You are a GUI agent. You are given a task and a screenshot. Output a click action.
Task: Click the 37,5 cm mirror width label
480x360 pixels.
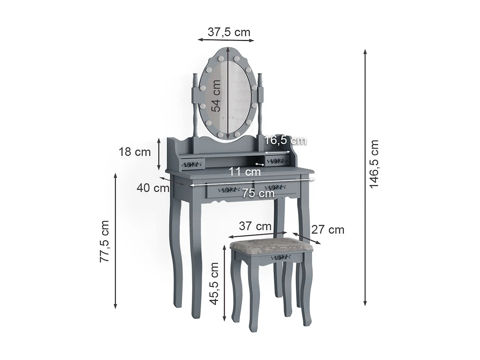coord(229,32)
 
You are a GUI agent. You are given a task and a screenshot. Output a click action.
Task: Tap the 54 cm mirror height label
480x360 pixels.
coord(216,96)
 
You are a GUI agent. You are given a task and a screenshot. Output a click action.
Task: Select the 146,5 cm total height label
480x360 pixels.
coord(374,164)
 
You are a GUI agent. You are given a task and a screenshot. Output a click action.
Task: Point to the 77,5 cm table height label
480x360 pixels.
coord(105,241)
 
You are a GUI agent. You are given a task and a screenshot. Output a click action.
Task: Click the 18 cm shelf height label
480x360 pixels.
coord(135,152)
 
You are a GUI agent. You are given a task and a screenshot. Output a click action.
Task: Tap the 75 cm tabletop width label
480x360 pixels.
coord(258,193)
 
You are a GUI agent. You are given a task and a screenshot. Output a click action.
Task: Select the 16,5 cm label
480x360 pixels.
coord(285,140)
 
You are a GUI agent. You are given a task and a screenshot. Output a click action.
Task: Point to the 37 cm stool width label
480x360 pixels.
coord(255,226)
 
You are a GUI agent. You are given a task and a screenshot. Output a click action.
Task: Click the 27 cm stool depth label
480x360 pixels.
coord(328,229)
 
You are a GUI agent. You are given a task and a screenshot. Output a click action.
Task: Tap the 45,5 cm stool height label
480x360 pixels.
coord(215,284)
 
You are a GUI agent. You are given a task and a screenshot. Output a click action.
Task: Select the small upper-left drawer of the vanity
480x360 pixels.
coord(192,163)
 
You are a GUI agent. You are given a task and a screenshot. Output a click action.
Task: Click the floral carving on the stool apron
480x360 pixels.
coord(281,257)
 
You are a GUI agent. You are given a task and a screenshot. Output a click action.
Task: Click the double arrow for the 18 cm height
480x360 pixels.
coord(159,154)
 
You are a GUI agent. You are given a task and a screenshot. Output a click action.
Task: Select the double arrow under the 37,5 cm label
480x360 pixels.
coord(226,40)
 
